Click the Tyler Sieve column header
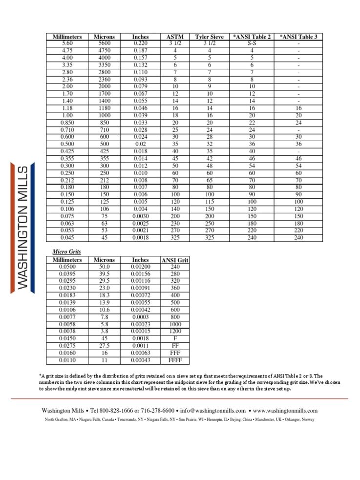click(x=209, y=37)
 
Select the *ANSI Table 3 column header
click(x=298, y=37)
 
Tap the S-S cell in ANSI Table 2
click(x=252, y=43)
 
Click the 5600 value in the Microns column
click(x=105, y=43)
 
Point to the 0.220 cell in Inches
click(x=140, y=43)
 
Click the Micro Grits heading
click(x=67, y=251)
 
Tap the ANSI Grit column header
click(x=175, y=260)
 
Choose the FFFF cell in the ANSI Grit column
click(x=175, y=360)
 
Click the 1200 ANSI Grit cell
click(x=175, y=332)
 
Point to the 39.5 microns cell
click(x=105, y=274)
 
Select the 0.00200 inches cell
click(x=140, y=267)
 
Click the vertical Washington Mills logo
click(x=22, y=227)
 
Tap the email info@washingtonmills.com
click(x=219, y=411)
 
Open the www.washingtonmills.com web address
click(x=285, y=411)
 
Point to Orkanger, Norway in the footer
click(x=299, y=419)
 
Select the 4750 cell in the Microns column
click(x=105, y=50)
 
